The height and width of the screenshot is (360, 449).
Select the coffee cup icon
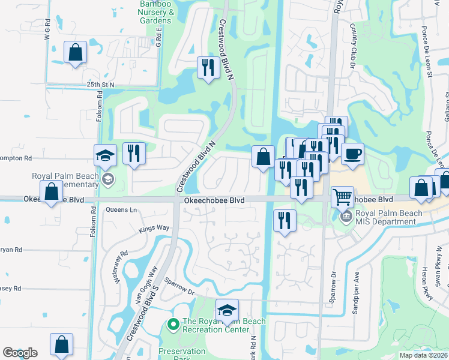tap(352, 153)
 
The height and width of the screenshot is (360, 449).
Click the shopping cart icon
tap(342, 196)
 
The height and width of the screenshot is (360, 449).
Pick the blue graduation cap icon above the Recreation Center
tap(227, 310)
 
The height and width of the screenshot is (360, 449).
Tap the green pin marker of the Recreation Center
tap(173, 325)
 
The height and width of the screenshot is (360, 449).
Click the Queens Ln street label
tap(121, 210)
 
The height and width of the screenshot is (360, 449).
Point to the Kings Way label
tap(154, 228)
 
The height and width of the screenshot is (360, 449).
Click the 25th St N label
tap(100, 85)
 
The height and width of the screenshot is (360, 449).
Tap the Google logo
tap(20, 353)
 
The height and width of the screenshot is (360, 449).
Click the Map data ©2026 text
tap(423, 355)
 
